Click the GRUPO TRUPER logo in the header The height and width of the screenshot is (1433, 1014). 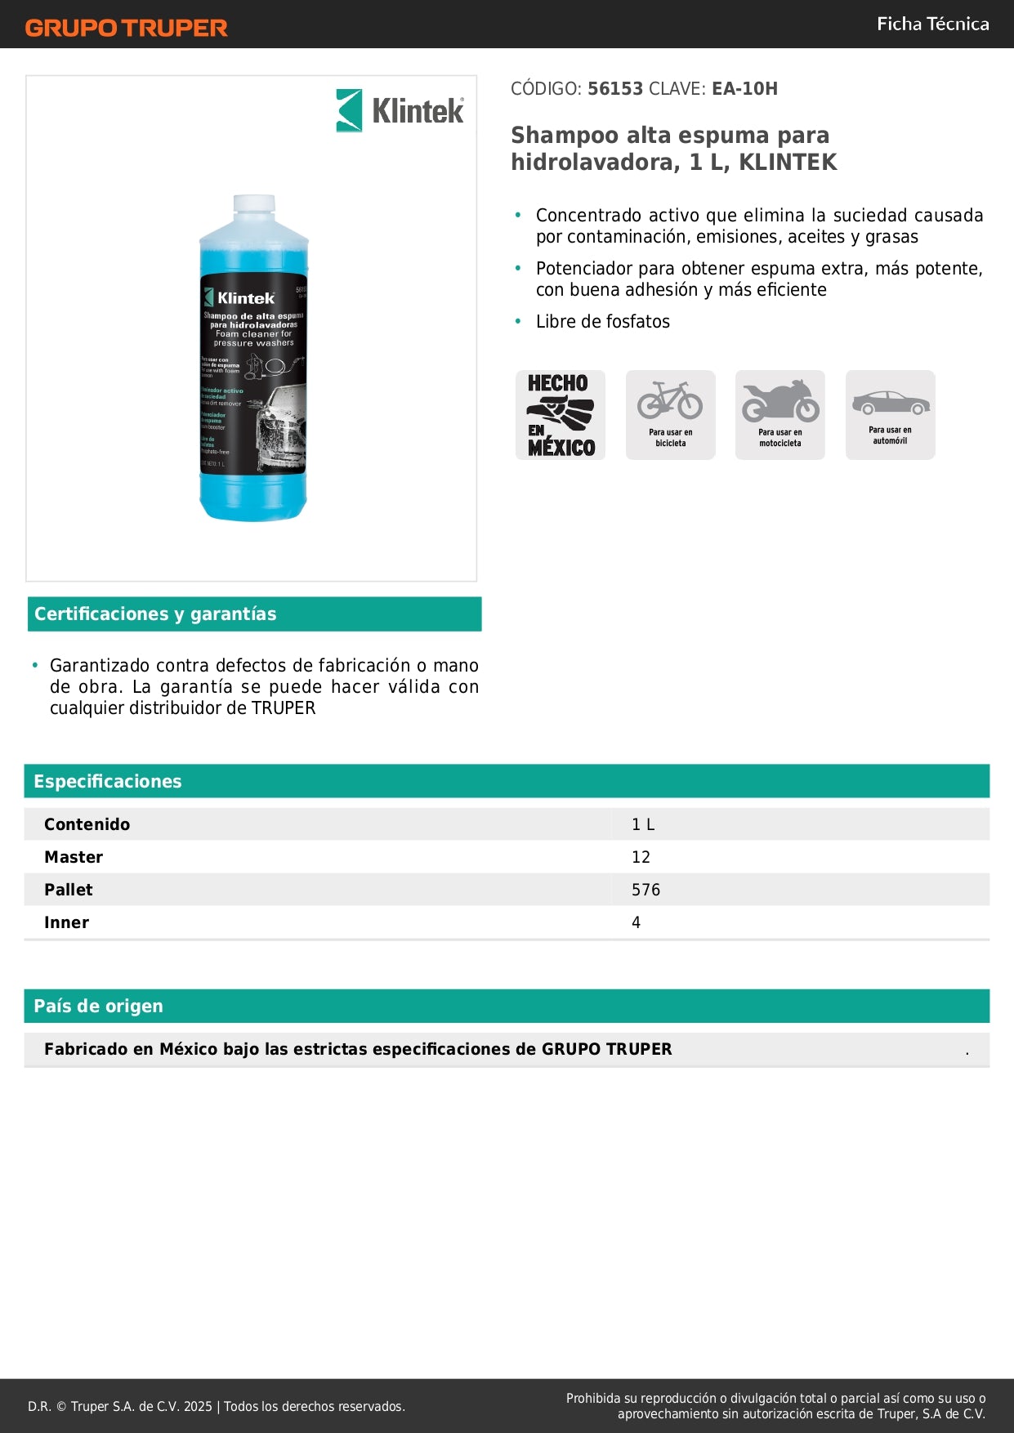(x=126, y=28)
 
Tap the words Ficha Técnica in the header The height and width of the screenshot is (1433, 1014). (x=932, y=24)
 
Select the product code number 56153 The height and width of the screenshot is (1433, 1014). (x=615, y=88)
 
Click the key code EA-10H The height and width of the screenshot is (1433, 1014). (x=744, y=88)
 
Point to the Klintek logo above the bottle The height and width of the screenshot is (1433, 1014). (x=400, y=110)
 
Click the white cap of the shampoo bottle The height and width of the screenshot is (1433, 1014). (x=254, y=205)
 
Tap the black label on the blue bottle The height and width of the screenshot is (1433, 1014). (x=253, y=376)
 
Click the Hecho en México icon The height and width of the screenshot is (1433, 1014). (x=561, y=415)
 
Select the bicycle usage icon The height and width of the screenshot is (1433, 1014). (x=670, y=415)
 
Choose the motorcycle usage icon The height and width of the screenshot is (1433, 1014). (x=779, y=415)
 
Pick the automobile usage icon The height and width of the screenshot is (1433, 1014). (x=890, y=415)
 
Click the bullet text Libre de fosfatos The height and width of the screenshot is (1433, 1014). (x=602, y=321)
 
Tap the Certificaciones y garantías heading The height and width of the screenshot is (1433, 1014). (x=155, y=614)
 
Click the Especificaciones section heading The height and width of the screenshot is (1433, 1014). (x=108, y=781)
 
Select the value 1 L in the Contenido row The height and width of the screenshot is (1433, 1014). (x=642, y=824)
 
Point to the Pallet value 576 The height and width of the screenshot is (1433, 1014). (x=645, y=890)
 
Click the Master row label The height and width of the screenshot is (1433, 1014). (x=74, y=857)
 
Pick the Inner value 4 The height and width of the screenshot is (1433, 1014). (x=636, y=922)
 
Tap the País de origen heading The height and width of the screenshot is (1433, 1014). (x=98, y=1006)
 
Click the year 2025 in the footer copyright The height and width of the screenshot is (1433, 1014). (x=198, y=1406)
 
